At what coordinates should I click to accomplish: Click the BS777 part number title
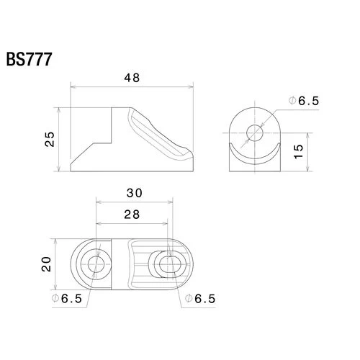(x=29, y=59)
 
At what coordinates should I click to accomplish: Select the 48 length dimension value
(x=132, y=78)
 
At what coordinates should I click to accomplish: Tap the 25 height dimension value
(x=50, y=139)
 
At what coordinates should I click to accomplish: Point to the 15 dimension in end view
(x=298, y=152)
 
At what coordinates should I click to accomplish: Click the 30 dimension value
(x=135, y=193)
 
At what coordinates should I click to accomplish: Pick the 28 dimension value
(x=132, y=215)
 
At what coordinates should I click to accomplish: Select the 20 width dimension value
(x=46, y=264)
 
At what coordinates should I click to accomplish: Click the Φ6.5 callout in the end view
(x=304, y=101)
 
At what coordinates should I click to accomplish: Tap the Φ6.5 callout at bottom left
(x=67, y=299)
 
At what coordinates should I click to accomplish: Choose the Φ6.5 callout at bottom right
(x=200, y=299)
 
